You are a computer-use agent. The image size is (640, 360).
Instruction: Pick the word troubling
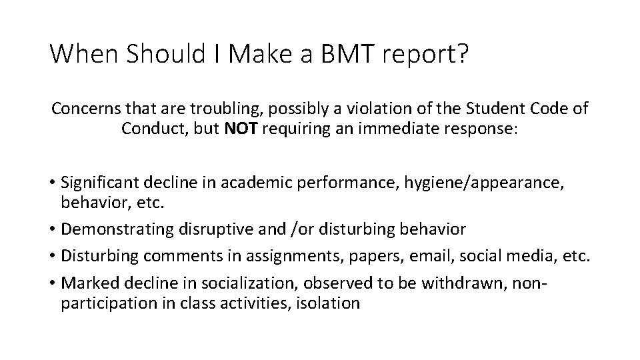pos(222,108)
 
